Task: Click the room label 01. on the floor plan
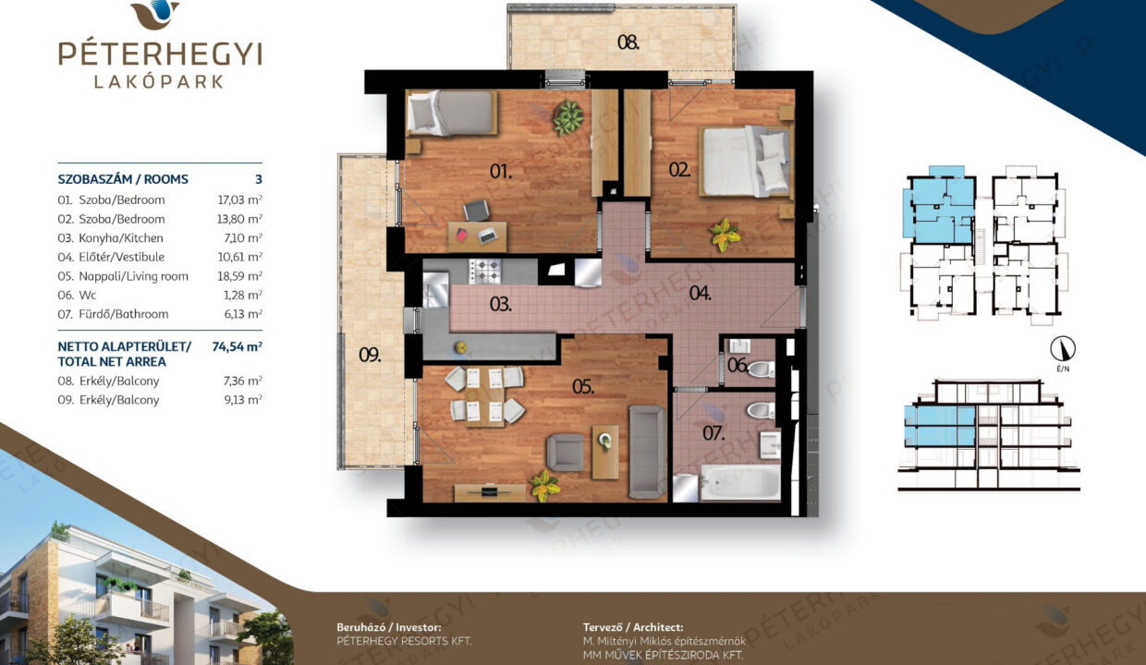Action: click(x=500, y=171)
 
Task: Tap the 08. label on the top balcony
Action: click(x=628, y=42)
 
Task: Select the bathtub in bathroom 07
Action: click(x=739, y=482)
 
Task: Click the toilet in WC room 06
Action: click(x=761, y=369)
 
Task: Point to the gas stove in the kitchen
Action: click(x=485, y=272)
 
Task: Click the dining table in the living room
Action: click(x=484, y=396)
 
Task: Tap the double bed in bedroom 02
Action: click(x=744, y=162)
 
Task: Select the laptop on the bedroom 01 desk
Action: click(x=488, y=236)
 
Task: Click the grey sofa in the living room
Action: click(x=647, y=452)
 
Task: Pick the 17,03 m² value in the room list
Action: click(x=240, y=199)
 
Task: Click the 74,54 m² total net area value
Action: click(x=237, y=346)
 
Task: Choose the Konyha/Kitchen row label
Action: click(x=121, y=238)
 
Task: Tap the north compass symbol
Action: click(x=1063, y=349)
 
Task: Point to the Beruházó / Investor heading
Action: click(x=389, y=627)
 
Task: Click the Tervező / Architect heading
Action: click(x=633, y=627)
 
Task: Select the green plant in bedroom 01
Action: click(x=567, y=117)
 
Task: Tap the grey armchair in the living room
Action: click(x=566, y=453)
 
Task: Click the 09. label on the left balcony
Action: click(x=370, y=355)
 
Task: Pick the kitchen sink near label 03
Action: click(x=435, y=290)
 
